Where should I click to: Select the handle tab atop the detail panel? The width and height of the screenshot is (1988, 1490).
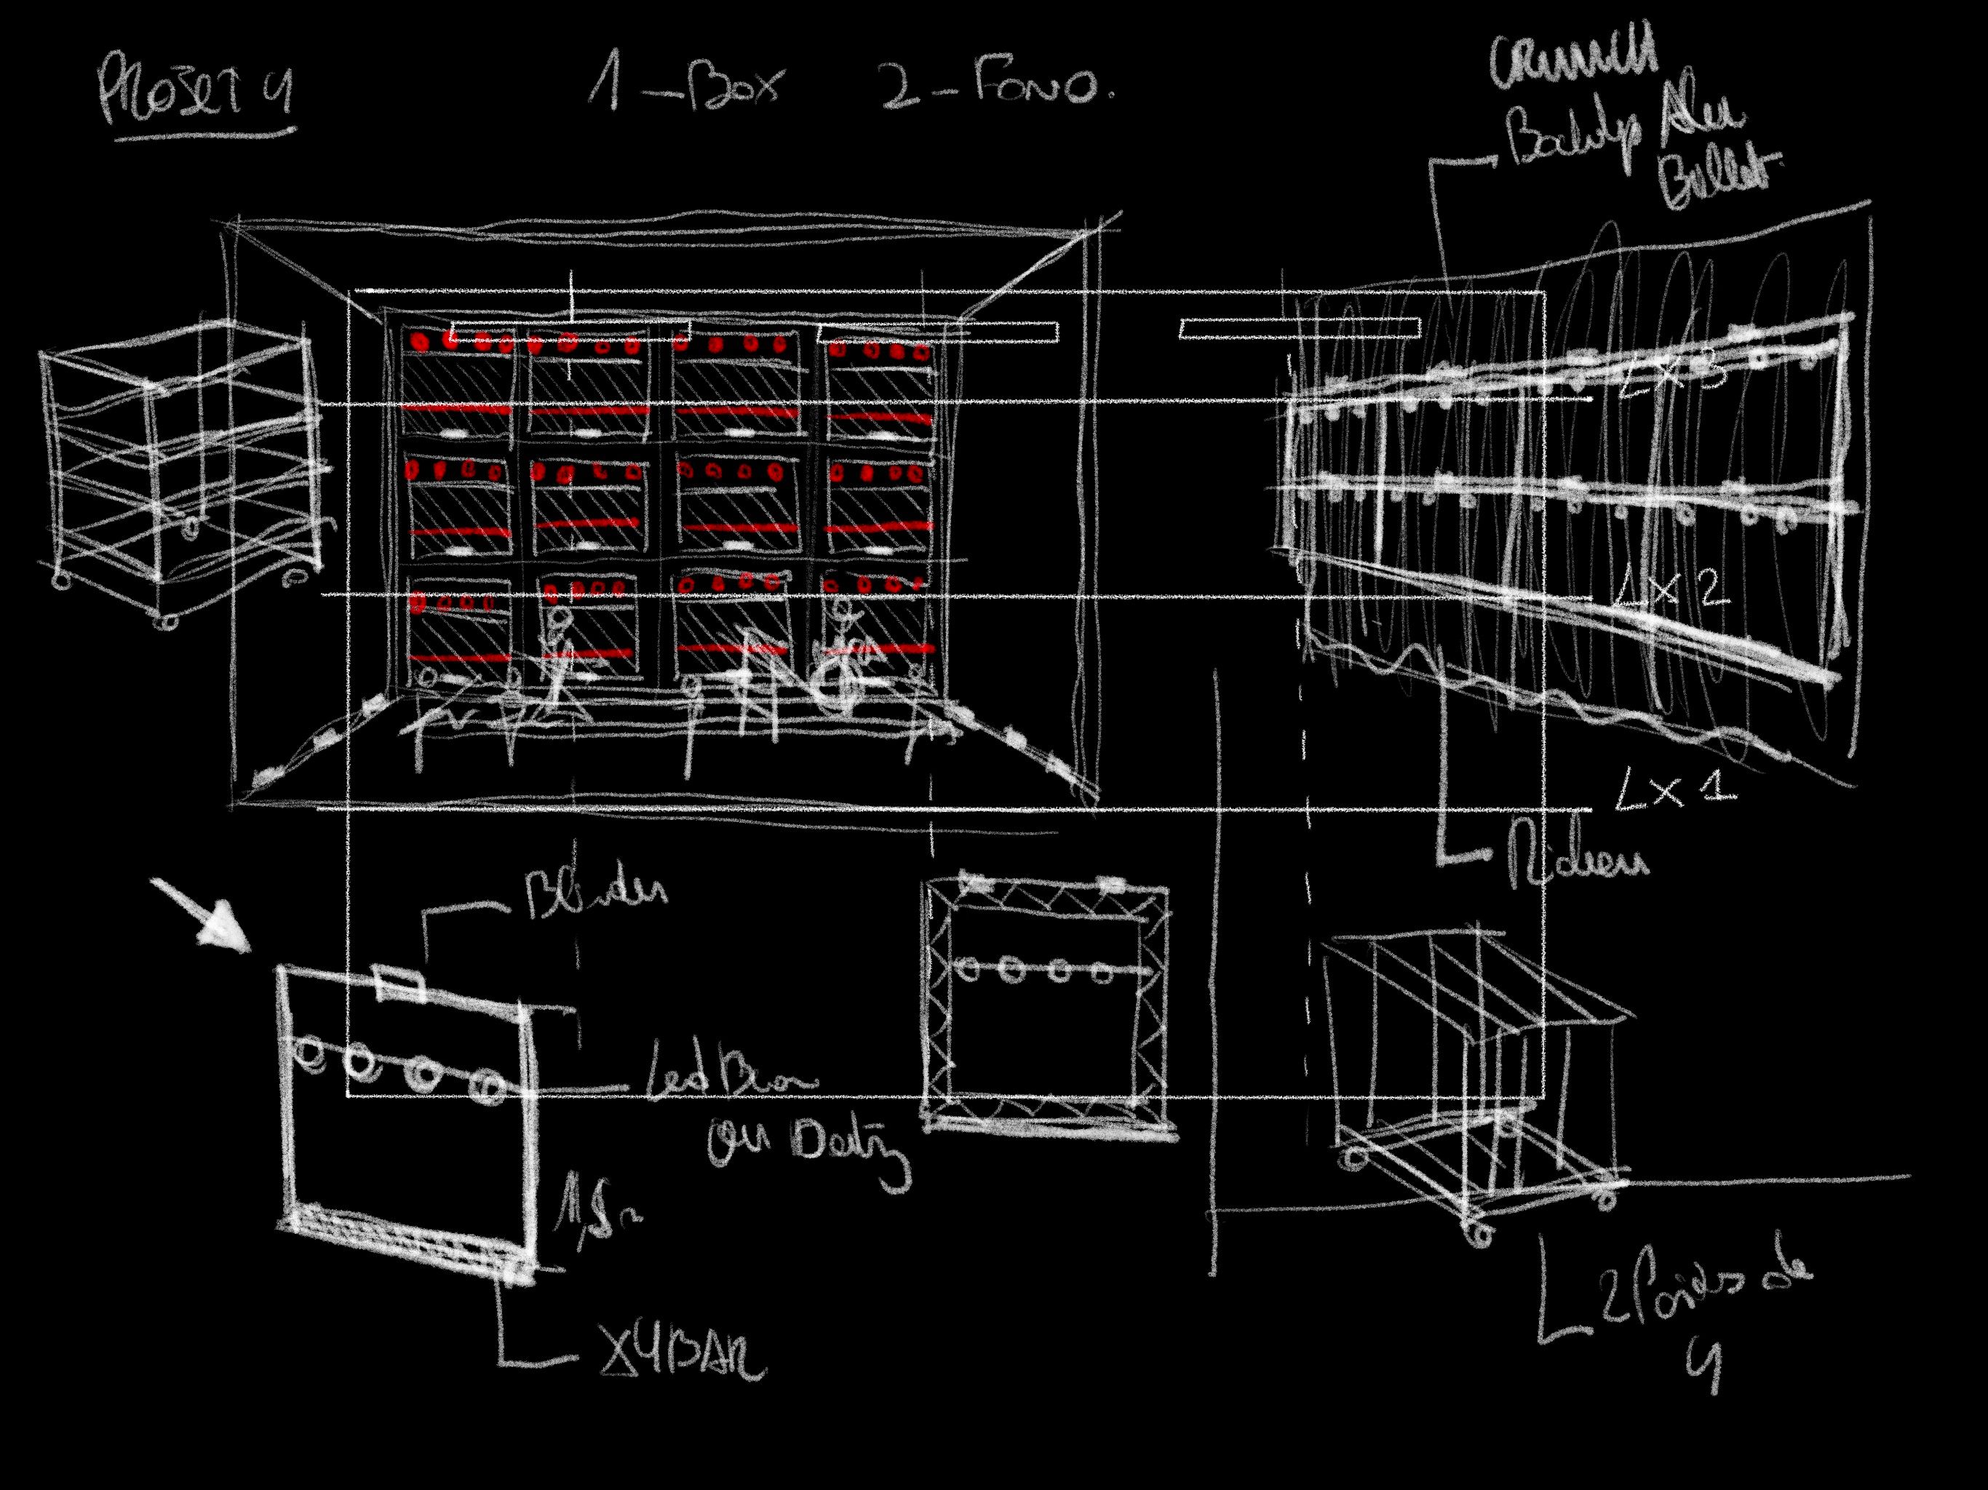[x=397, y=982]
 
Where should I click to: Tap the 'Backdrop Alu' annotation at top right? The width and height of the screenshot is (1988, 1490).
[x=1626, y=135]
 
